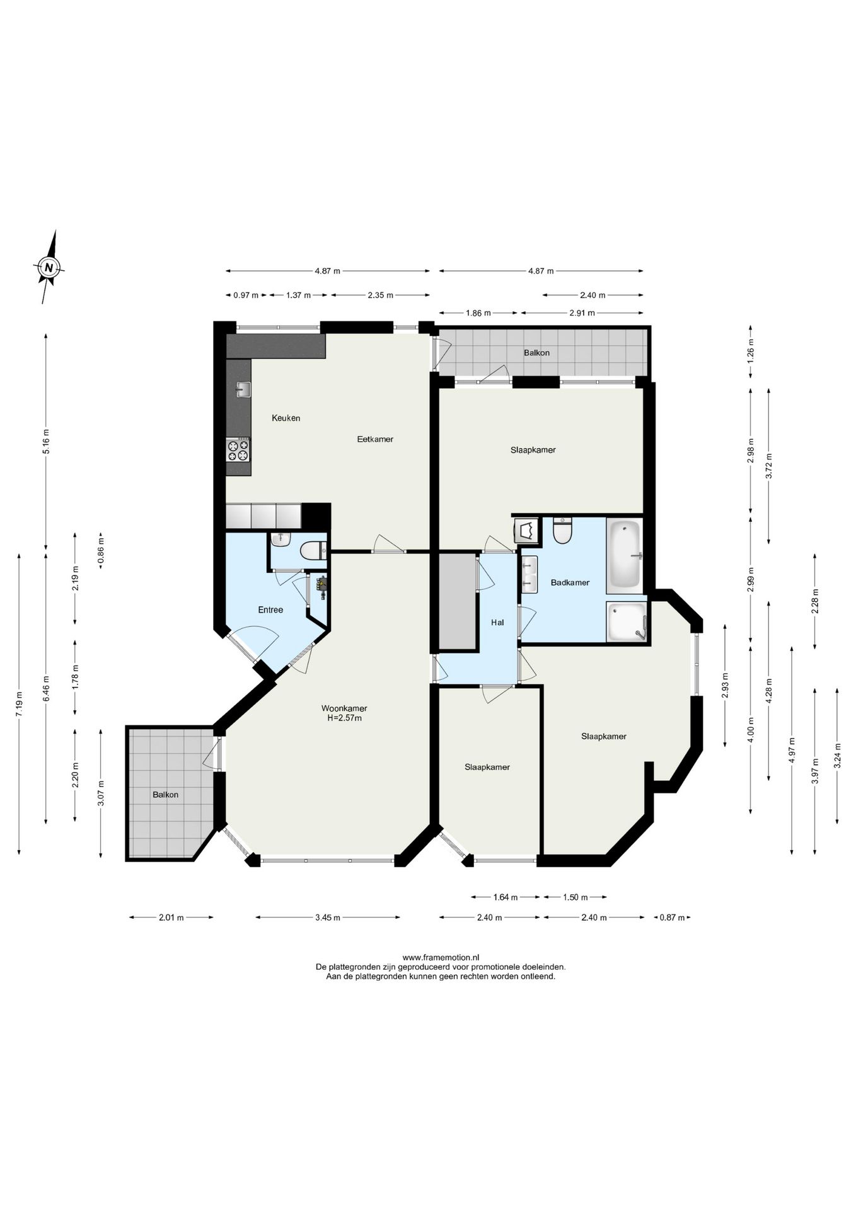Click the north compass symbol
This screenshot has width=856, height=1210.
pyautogui.click(x=49, y=267)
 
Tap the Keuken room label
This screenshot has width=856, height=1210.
pyautogui.click(x=286, y=418)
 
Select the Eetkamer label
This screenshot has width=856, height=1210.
pyautogui.click(x=375, y=439)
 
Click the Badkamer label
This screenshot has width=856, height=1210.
pyautogui.click(x=570, y=582)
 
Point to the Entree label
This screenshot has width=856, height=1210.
pyautogui.click(x=270, y=609)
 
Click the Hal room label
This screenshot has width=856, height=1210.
pyautogui.click(x=497, y=623)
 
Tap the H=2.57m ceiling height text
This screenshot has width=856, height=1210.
pyautogui.click(x=344, y=718)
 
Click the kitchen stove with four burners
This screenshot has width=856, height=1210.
pyautogui.click(x=239, y=450)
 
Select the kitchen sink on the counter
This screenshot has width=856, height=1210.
pyautogui.click(x=243, y=390)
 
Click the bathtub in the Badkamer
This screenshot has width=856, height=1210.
pyautogui.click(x=624, y=556)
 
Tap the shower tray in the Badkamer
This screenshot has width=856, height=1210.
pyautogui.click(x=627, y=622)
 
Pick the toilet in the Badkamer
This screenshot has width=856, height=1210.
pyautogui.click(x=561, y=531)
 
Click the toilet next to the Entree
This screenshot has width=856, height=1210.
pyautogui.click(x=311, y=551)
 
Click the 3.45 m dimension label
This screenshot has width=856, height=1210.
pyautogui.click(x=327, y=918)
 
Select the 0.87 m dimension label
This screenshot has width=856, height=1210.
pyautogui.click(x=672, y=918)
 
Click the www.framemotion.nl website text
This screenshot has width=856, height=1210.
pyautogui.click(x=441, y=957)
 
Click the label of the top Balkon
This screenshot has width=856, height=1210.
pyautogui.click(x=536, y=353)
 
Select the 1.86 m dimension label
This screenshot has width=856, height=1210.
pyautogui.click(x=478, y=313)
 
